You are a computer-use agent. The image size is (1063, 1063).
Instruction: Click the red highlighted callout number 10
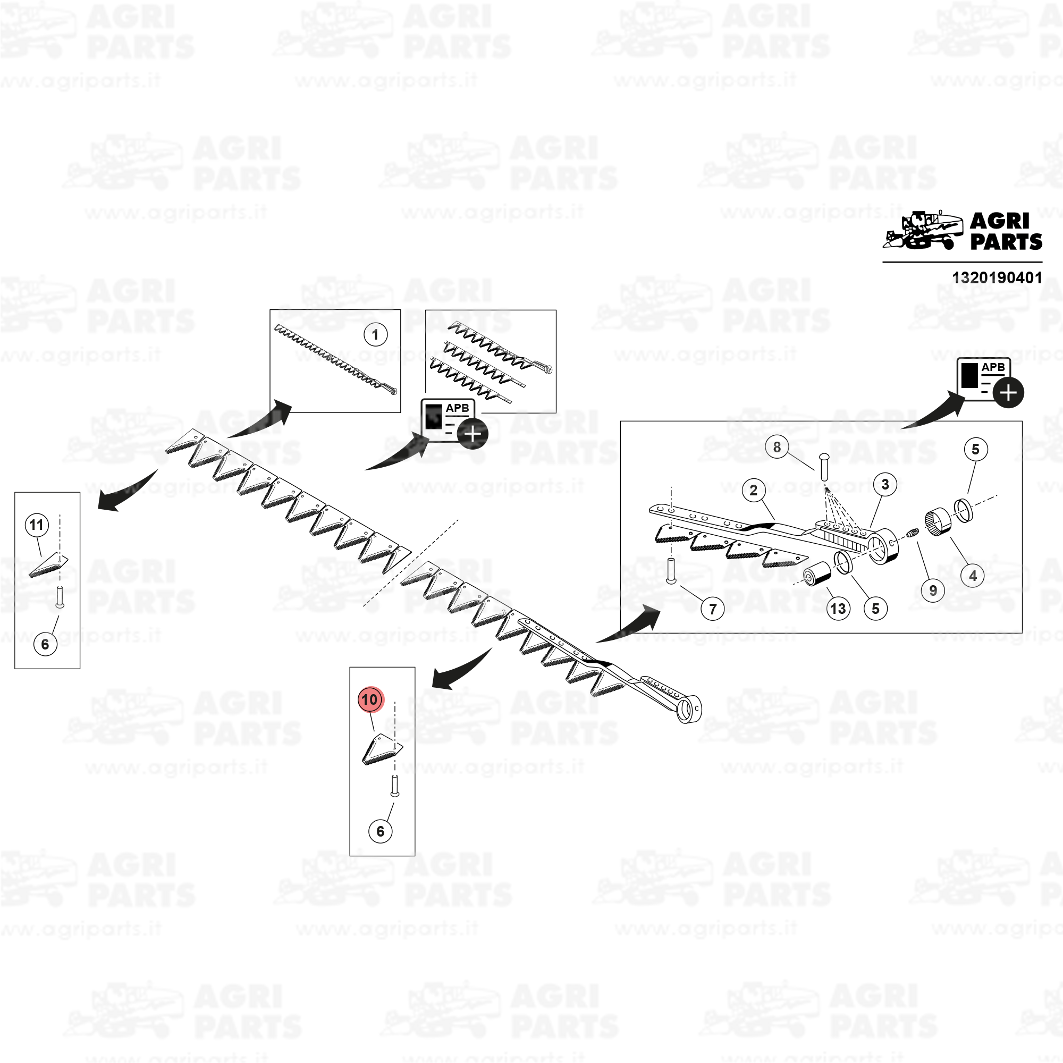coord(370,699)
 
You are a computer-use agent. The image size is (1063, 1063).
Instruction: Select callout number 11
coord(37,525)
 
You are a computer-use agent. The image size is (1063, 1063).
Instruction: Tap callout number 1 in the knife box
coord(375,334)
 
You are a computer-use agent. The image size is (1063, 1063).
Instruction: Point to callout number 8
coord(777,448)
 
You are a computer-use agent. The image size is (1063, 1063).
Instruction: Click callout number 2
coord(754,490)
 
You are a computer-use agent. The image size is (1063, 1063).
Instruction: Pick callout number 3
coord(885,484)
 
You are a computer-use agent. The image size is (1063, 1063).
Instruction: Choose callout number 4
coord(973,576)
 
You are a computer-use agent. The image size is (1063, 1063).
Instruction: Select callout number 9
coord(933,590)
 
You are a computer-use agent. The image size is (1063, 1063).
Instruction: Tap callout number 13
coord(838,609)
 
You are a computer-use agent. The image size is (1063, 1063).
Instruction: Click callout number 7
coord(713,609)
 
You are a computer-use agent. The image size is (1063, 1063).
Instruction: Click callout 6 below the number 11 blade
coord(45,644)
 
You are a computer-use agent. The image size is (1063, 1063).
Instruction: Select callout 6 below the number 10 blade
coord(380,831)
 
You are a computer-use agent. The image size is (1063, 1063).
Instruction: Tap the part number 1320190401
coord(997,277)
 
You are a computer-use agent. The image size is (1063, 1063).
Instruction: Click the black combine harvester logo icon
coord(923,231)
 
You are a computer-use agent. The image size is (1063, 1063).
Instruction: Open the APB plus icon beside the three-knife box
coord(453,423)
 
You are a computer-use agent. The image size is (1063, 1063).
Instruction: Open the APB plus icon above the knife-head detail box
coord(990,382)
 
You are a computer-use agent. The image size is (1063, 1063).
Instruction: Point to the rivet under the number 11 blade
coord(61,597)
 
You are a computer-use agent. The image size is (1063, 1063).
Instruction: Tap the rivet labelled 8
coord(824,466)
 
